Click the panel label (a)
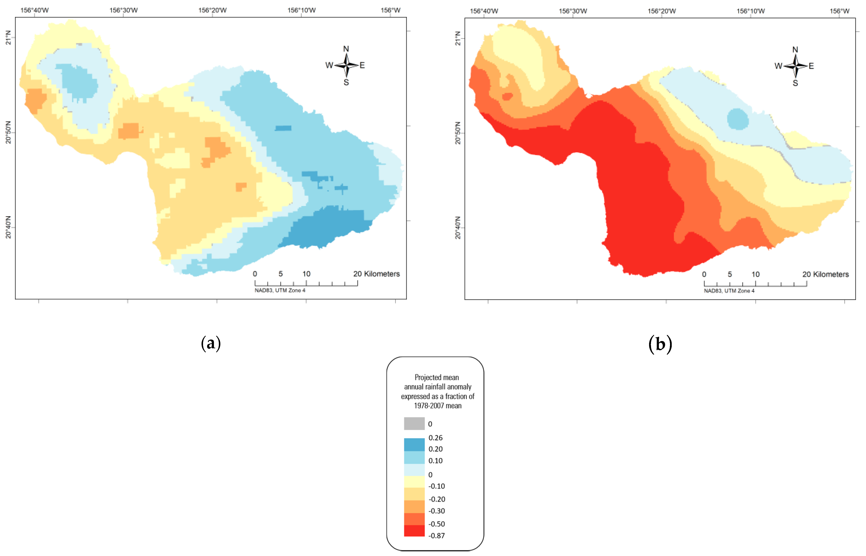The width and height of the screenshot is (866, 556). (x=211, y=343)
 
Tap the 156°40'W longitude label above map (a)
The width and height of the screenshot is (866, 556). (x=34, y=10)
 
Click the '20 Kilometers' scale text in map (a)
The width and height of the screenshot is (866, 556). (x=376, y=274)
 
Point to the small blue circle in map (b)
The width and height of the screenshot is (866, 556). (x=737, y=119)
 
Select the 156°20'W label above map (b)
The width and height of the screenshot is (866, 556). (x=662, y=11)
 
